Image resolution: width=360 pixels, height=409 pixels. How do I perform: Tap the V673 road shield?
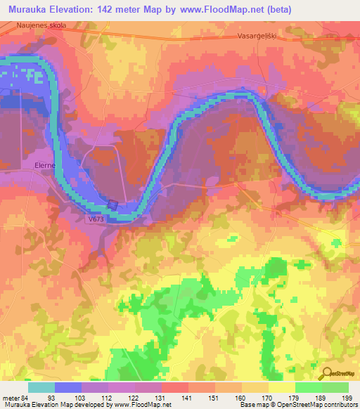[x=96, y=219]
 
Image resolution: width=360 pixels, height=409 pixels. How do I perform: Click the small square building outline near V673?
[x=113, y=204]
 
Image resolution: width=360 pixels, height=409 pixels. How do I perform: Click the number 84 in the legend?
[x=27, y=397]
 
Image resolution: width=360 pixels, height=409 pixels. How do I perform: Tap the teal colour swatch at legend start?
[x=41, y=387]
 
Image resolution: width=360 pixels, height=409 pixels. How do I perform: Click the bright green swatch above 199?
[x=335, y=387]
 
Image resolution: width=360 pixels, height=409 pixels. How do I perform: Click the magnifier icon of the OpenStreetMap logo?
[x=325, y=374]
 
